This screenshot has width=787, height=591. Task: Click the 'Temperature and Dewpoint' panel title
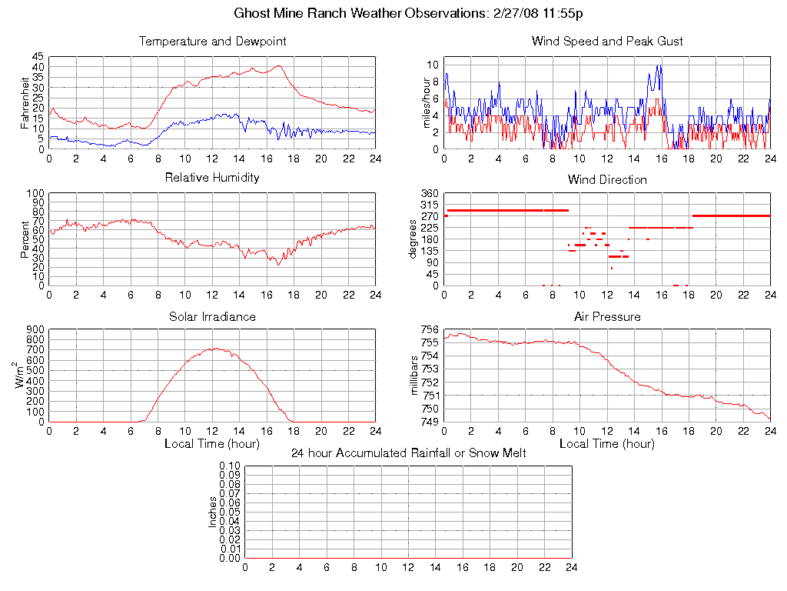point(212,41)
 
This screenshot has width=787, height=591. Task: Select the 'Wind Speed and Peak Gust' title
point(607,41)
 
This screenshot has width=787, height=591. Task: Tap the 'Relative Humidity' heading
point(212,178)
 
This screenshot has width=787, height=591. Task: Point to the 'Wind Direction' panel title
point(607,179)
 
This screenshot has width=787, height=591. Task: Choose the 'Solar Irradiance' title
point(212,316)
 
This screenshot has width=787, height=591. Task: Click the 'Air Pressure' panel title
point(607,316)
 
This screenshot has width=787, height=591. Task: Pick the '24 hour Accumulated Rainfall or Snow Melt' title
point(408,453)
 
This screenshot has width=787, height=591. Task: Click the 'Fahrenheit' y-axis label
point(25,102)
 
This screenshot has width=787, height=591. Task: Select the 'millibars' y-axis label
point(416,376)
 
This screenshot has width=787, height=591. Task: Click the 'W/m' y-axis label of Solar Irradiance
point(24,376)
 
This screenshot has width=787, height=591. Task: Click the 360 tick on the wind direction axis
point(429,194)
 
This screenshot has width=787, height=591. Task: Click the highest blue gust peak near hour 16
point(658,65)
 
